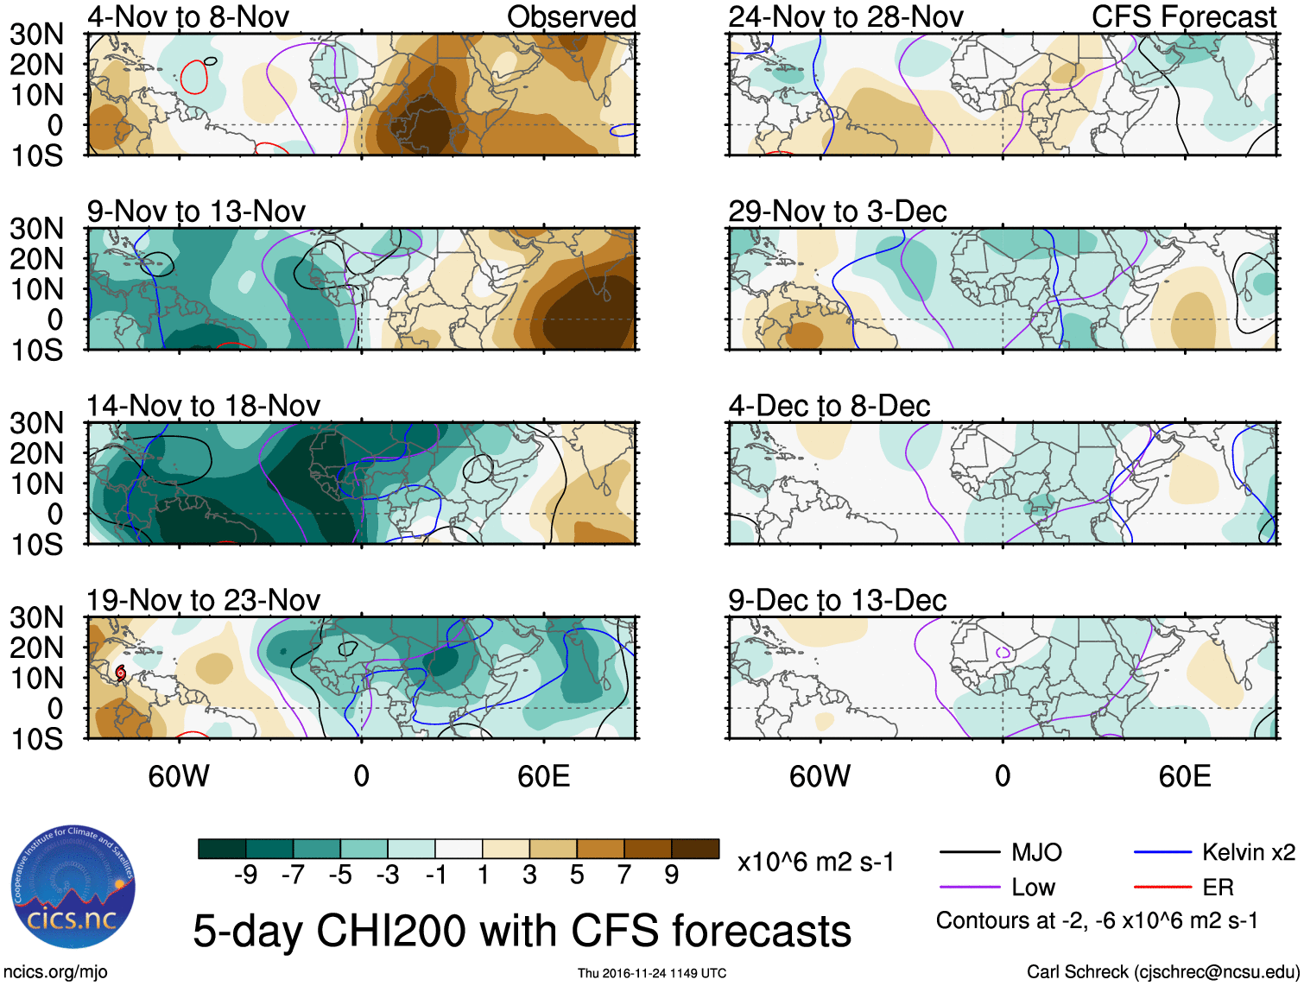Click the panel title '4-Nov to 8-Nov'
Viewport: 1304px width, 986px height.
tap(188, 17)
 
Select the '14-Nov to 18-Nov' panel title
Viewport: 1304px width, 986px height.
tap(203, 406)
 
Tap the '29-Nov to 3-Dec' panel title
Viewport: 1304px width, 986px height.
tap(837, 212)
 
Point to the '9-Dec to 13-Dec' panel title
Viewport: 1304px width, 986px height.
tap(837, 600)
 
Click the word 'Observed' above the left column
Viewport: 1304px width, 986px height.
tap(571, 17)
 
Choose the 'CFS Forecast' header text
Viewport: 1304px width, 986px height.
tap(1183, 17)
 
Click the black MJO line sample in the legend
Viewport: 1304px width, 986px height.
tap(969, 853)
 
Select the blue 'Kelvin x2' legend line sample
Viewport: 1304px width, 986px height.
tap(1162, 853)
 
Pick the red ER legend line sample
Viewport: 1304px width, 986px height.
tap(1162, 887)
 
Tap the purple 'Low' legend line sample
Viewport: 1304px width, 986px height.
tap(969, 887)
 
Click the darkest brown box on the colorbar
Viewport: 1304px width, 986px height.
tap(695, 849)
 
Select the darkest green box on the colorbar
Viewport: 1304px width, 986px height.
tap(222, 849)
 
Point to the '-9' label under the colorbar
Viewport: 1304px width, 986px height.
tap(245, 875)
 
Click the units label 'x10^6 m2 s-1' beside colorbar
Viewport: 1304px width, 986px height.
tap(815, 862)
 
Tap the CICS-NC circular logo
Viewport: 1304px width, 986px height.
tap(73, 887)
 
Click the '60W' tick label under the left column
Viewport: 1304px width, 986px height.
tap(179, 776)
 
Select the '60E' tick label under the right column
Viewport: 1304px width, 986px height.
tap(1184, 776)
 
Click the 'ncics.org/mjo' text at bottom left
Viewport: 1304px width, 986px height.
tap(55, 972)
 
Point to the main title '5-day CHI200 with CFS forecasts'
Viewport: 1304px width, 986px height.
tap(522, 931)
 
